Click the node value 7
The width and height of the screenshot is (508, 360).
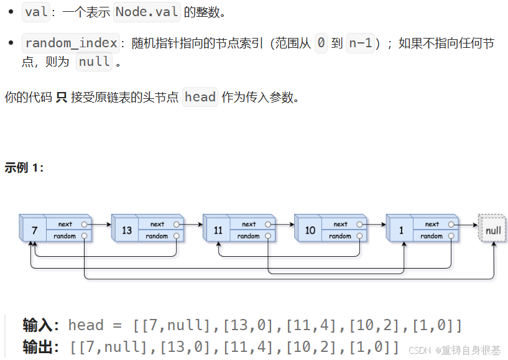[35, 230]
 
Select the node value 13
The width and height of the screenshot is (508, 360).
[127, 230]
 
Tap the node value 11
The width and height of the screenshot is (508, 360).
[218, 230]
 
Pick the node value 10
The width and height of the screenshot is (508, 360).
[310, 230]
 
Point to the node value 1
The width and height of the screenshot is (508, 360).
[402, 230]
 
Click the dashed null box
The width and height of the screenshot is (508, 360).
[493, 230]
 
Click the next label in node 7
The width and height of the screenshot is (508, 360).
[65, 224]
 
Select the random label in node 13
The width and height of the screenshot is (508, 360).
[157, 236]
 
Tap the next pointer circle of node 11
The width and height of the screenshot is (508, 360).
[268, 224]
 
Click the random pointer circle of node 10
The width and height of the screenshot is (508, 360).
[360, 236]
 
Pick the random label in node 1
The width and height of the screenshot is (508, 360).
[432, 236]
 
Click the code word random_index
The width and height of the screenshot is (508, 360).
[71, 44]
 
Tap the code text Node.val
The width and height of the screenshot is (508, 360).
[147, 12]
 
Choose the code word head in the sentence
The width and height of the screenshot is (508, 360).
[200, 97]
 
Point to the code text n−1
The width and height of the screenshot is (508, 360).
[361, 44]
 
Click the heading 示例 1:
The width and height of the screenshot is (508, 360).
[24, 168]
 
